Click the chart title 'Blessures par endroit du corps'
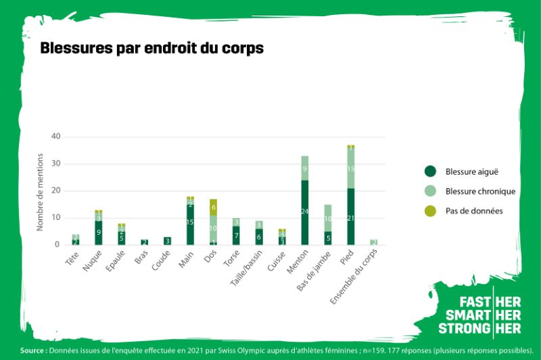pos(152,49)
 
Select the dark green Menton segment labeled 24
pos(305,212)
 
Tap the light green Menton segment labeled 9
pos(305,168)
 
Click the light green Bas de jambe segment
pos(328,218)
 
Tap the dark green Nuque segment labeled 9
pos(98,233)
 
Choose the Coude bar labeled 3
pos(167,240)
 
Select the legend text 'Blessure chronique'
pos(480,192)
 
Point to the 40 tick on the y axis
pos(55,137)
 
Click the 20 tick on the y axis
pos(55,191)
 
